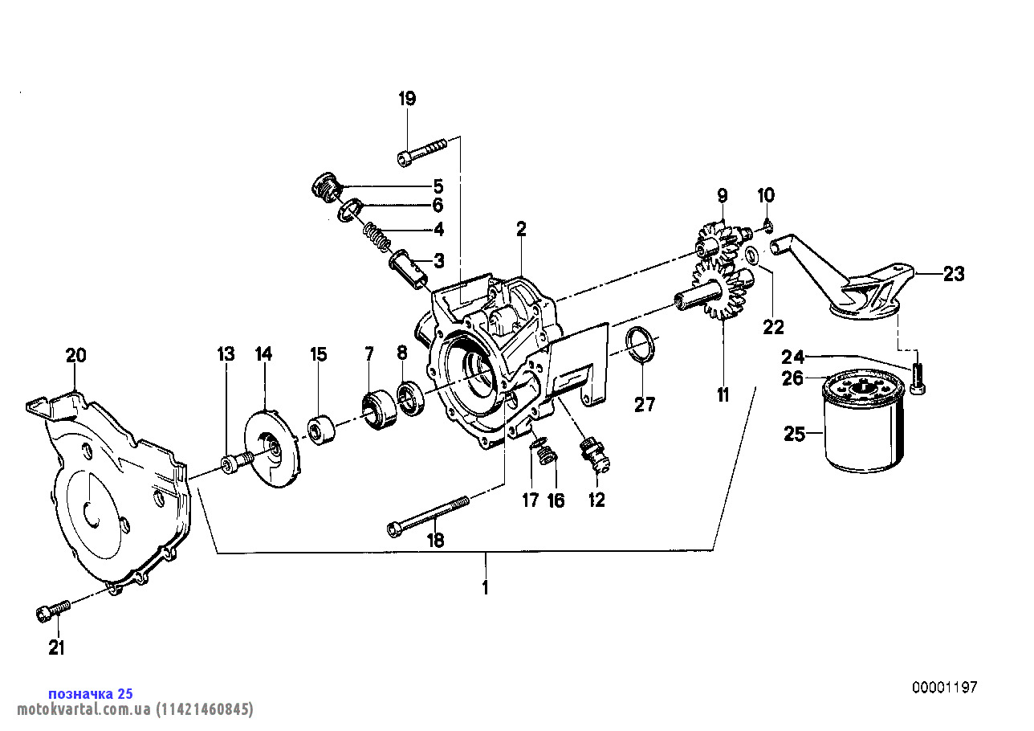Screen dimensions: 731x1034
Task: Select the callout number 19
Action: (407, 100)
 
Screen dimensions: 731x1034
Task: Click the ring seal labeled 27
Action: (642, 346)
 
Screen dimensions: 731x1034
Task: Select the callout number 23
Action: (953, 274)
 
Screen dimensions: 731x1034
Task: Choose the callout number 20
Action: (75, 356)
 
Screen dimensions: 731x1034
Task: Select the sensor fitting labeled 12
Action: (595, 454)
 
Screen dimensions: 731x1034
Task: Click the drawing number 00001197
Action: (944, 688)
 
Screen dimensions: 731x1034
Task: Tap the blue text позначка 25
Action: (91, 693)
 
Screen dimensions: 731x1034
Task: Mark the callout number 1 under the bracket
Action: (485, 587)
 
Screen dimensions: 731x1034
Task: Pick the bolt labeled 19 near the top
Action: (421, 151)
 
